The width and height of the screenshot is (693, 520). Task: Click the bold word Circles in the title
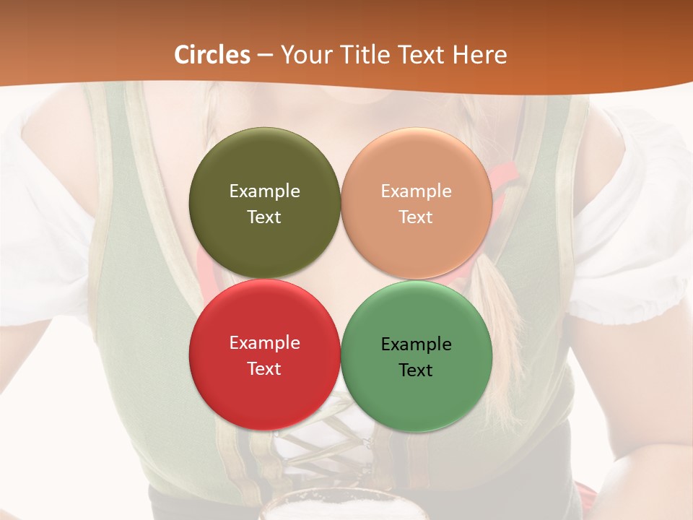pos(212,55)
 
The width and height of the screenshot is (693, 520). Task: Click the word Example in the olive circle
pos(264,191)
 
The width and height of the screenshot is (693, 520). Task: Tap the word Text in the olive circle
pos(264,217)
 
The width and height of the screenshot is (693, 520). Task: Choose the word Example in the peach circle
pos(417,191)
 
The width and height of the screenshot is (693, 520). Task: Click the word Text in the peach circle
pos(417,217)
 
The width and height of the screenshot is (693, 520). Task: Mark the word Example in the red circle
pos(264,342)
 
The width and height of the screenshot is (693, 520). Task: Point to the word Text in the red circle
pos(264,368)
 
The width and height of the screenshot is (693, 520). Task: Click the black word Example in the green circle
pos(417,344)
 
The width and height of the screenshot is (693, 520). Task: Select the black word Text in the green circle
pos(417,370)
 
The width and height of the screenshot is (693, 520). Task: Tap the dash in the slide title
pos(265,55)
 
